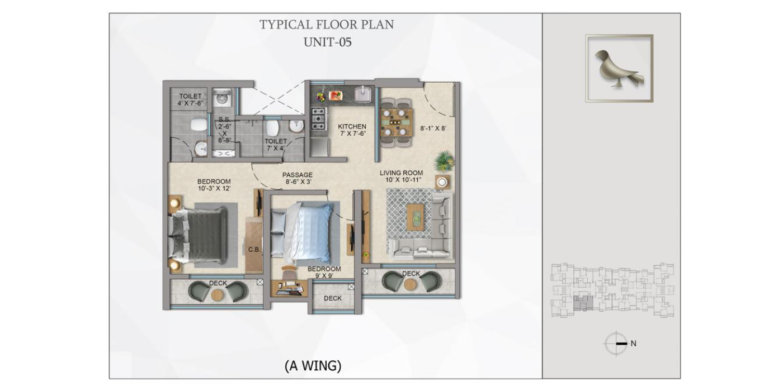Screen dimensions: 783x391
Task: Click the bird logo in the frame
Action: click(x=619, y=69)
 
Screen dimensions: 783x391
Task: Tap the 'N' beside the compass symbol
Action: click(x=633, y=344)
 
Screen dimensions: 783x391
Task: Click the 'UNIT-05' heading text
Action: click(x=328, y=42)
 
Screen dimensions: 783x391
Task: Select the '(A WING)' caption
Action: click(x=313, y=366)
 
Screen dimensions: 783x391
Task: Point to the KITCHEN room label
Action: click(x=352, y=126)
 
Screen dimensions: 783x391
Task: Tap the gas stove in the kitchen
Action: click(x=318, y=118)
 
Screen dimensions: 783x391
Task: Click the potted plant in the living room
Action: click(x=444, y=161)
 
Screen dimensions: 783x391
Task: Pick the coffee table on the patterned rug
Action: click(x=416, y=217)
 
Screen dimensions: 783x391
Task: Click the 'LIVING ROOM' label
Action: click(x=402, y=173)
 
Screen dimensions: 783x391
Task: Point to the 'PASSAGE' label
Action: click(x=298, y=175)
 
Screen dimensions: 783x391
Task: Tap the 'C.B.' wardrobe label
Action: click(x=254, y=250)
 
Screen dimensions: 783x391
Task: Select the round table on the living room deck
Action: click(x=411, y=284)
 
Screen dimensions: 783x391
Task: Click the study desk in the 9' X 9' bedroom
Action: click(x=289, y=288)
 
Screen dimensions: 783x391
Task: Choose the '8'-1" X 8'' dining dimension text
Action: click(x=433, y=128)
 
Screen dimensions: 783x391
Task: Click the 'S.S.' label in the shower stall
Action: click(x=224, y=120)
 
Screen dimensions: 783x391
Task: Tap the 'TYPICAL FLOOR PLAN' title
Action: click(x=327, y=25)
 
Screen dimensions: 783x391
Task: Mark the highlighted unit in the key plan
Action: click(x=583, y=303)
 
